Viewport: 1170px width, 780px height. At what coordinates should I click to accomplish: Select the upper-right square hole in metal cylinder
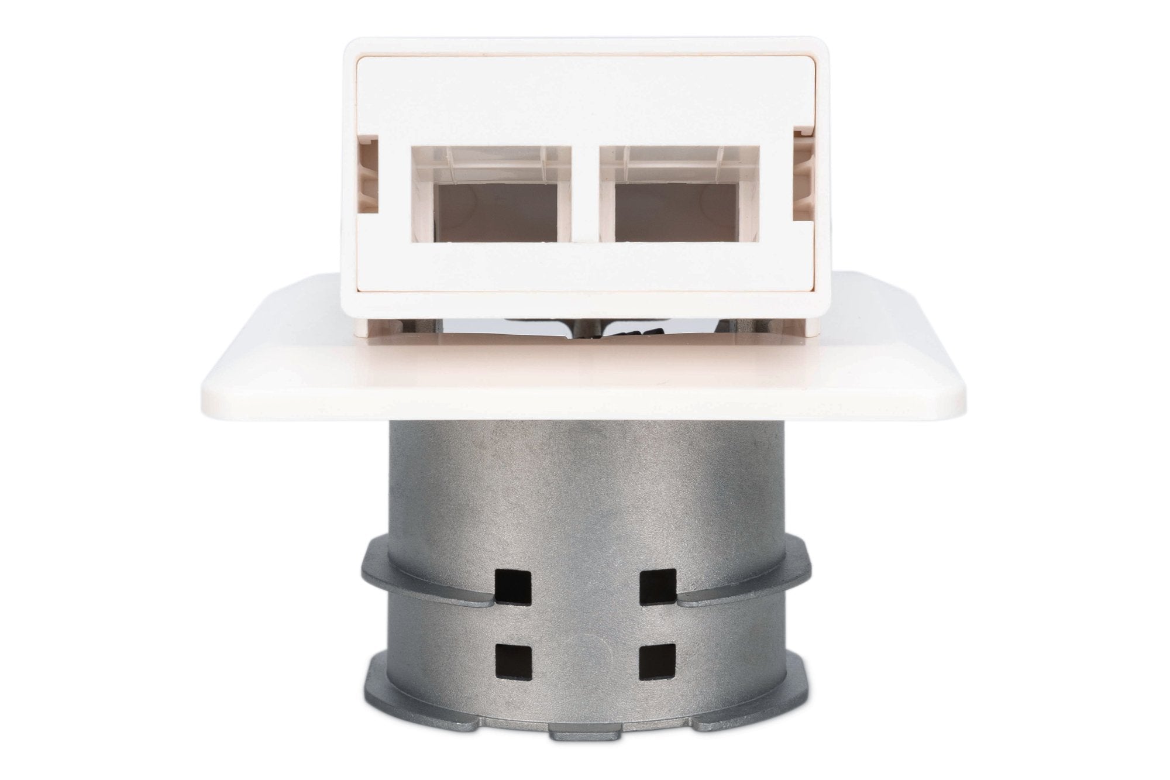654,586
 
